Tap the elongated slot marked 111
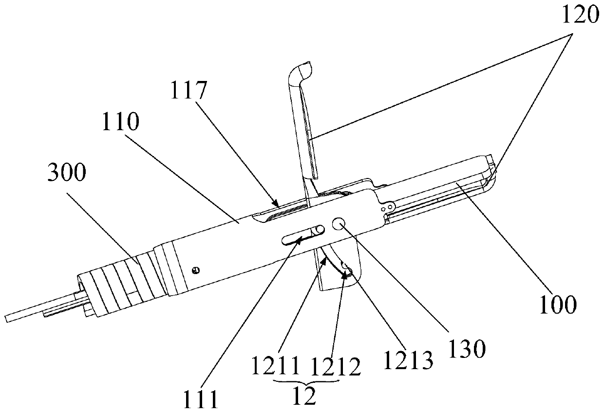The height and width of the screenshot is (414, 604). click(302, 234)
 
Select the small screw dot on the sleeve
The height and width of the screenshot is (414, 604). click(196, 269)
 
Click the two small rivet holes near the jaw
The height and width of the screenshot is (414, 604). click(388, 208)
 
